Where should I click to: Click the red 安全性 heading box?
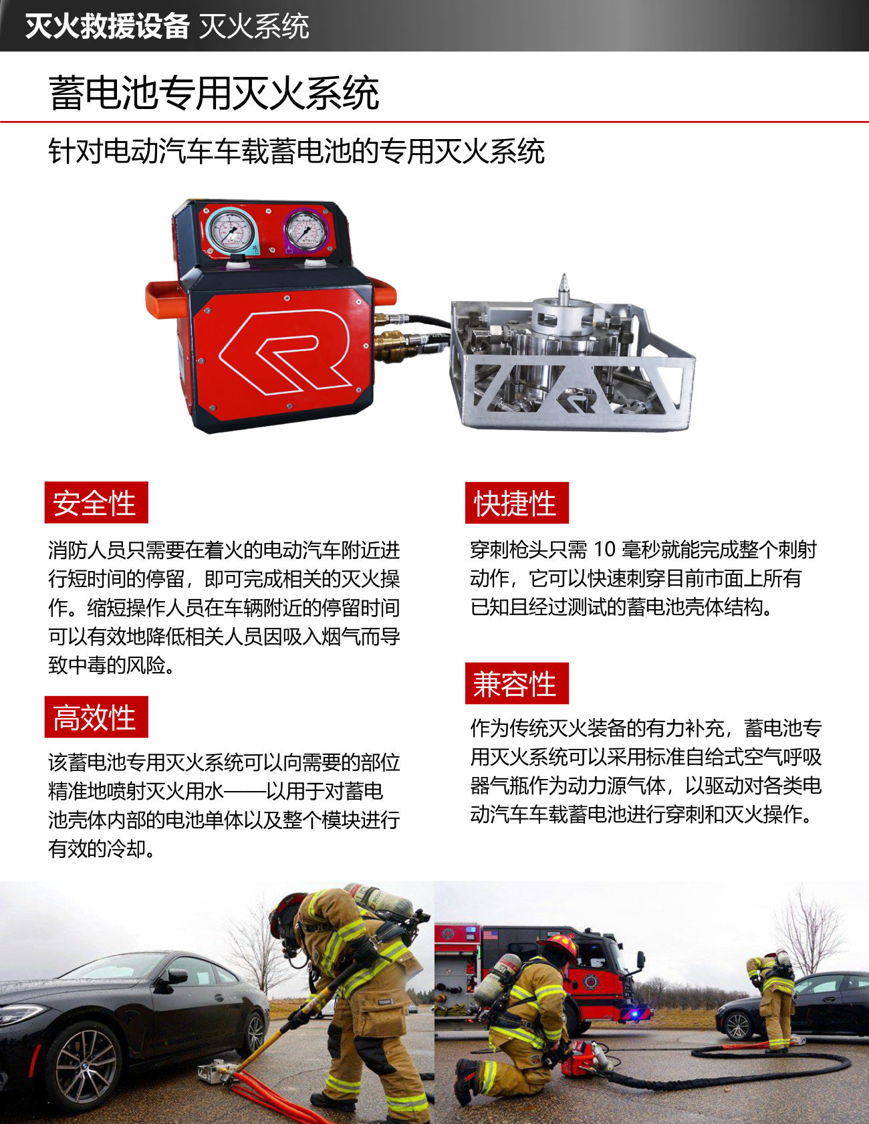tap(96, 502)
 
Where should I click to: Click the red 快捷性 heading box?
tap(517, 502)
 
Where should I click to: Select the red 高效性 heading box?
tap(96, 717)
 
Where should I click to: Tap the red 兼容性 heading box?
tap(517, 683)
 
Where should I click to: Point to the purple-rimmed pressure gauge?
tap(305, 229)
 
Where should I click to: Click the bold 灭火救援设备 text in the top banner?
tap(107, 26)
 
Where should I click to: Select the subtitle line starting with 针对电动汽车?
tap(296, 151)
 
